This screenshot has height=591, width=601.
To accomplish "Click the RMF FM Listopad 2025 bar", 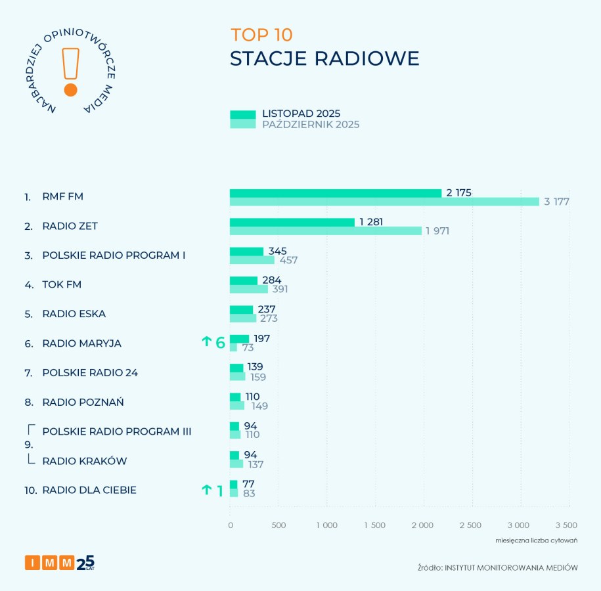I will tap(335, 193).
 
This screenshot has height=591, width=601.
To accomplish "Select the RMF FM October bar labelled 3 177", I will tap(384, 202).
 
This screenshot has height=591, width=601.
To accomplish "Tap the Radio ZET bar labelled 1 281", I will tap(292, 223).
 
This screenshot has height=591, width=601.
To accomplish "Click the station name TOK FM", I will tap(62, 284).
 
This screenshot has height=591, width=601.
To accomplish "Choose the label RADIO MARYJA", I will tap(81, 343).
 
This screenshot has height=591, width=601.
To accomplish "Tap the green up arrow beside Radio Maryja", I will tap(206, 341).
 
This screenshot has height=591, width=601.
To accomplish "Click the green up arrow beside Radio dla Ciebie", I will tap(206, 489).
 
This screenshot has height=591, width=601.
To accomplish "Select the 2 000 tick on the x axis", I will tap(423, 525).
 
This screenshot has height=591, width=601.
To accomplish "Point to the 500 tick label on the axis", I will tap(278, 525).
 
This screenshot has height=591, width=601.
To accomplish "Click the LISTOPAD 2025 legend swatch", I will tap(242, 115).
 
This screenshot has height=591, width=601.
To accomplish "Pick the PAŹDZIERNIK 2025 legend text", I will tap(311, 125).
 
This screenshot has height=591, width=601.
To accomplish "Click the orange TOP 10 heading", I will tap(261, 35).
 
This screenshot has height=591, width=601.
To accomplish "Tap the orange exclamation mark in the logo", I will tap(70, 72).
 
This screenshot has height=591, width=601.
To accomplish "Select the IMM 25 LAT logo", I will tap(59, 562).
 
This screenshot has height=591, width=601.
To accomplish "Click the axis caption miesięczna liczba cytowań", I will tap(536, 540).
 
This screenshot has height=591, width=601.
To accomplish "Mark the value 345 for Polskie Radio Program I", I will tap(278, 252).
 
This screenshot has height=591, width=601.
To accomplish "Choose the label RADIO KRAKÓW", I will tap(84, 461).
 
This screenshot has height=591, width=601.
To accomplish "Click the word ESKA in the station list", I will tap(93, 314).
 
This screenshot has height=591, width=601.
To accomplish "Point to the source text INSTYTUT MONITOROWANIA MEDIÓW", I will tap(511, 567).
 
